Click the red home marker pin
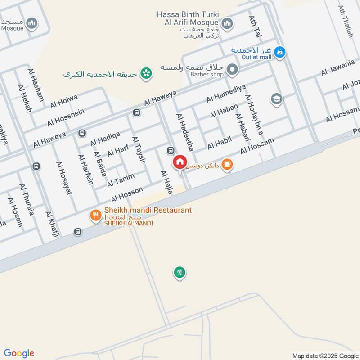tap(180, 162)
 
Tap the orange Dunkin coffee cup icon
tap(228, 164)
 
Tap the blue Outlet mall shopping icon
tap(280, 53)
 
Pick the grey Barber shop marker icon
tap(232, 70)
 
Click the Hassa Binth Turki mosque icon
tap(227, 22)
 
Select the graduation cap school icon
tap(276, 99)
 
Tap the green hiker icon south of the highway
tap(180, 272)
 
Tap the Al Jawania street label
tap(338, 68)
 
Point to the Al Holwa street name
tap(64, 101)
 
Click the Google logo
tap(19, 353)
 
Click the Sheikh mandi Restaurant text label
tap(148, 210)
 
